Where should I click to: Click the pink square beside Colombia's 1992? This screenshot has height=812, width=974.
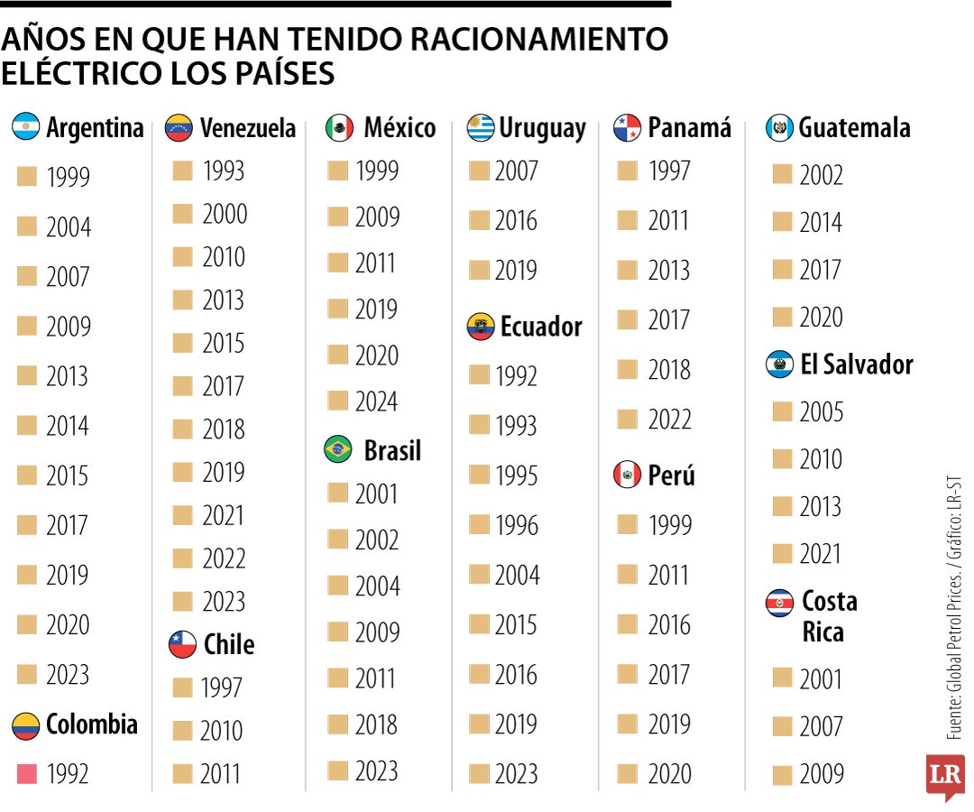pyautogui.click(x=27, y=773)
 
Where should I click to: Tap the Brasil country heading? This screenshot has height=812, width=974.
pyautogui.click(x=391, y=450)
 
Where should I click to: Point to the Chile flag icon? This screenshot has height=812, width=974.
pyautogui.click(x=182, y=644)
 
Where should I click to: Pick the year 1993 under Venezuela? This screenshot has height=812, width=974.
pyautogui.click(x=223, y=171)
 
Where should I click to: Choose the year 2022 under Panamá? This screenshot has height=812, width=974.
pyautogui.click(x=669, y=420)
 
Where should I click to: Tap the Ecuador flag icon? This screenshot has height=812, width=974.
pyautogui.click(x=481, y=327)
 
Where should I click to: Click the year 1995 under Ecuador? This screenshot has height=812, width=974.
pyautogui.click(x=516, y=475)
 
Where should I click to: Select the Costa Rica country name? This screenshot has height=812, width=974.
pyautogui.click(x=829, y=616)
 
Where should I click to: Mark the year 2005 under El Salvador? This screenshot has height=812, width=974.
pyautogui.click(x=821, y=412)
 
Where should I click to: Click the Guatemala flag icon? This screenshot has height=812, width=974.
pyautogui.click(x=779, y=128)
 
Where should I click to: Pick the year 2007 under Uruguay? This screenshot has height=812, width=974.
pyautogui.click(x=516, y=171)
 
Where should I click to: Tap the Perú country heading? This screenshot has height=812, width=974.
pyautogui.click(x=671, y=475)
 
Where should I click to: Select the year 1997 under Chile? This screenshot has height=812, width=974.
pyautogui.click(x=221, y=687)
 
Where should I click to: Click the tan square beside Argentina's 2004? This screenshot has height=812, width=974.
pyautogui.click(x=27, y=227)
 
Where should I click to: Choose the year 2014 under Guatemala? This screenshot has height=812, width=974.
pyautogui.click(x=821, y=222)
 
